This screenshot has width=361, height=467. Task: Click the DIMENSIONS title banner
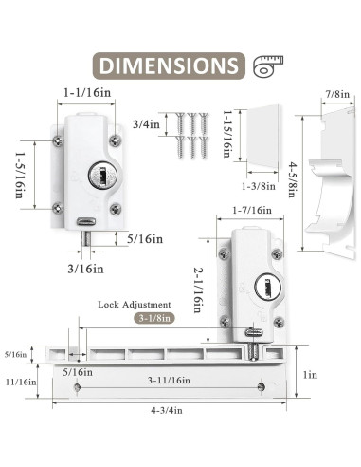169,65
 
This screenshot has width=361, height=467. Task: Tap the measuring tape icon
268,66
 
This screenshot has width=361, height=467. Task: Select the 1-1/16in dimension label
87,93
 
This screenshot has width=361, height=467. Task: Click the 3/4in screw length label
146,124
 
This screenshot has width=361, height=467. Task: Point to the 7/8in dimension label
337,94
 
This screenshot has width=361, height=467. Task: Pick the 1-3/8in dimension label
259,186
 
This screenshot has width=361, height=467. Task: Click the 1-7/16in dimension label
252,210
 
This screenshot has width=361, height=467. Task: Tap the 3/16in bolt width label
85,269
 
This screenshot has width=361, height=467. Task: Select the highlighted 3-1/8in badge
154,318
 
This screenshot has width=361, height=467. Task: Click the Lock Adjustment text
135,305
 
